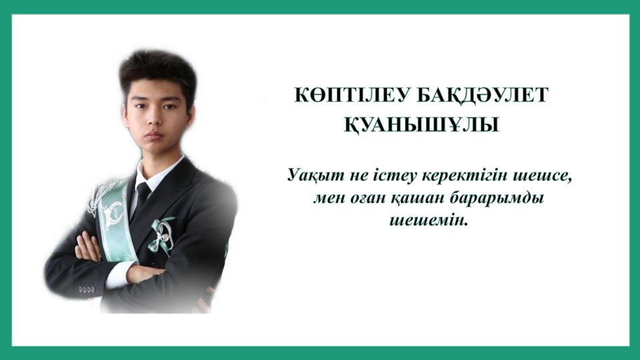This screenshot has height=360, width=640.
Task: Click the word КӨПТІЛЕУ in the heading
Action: [351, 95]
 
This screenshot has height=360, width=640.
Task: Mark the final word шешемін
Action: [428, 221]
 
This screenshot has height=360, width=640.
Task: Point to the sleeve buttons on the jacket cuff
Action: [86, 289]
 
